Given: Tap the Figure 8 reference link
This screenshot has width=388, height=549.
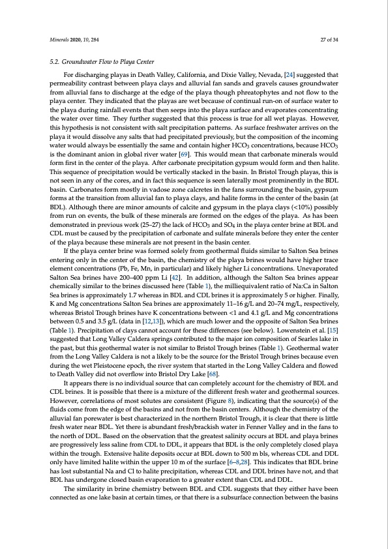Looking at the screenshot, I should pos(231,381).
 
